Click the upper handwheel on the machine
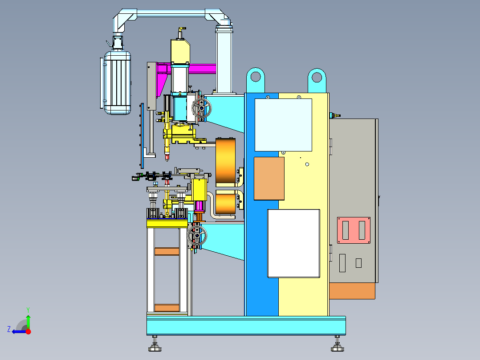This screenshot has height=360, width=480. click(201, 108)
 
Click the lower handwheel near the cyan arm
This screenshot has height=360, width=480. click(197, 235)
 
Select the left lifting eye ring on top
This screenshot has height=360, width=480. click(255, 77)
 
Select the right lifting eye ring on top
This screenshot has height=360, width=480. click(317, 77)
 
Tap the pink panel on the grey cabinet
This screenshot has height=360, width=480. click(354, 230)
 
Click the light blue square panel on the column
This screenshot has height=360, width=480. click(283, 125)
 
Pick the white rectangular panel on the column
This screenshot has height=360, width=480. click(293, 244)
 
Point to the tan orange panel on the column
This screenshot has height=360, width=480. click(269, 179)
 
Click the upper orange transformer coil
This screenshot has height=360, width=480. click(226, 161)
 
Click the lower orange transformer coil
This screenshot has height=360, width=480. click(226, 202)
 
